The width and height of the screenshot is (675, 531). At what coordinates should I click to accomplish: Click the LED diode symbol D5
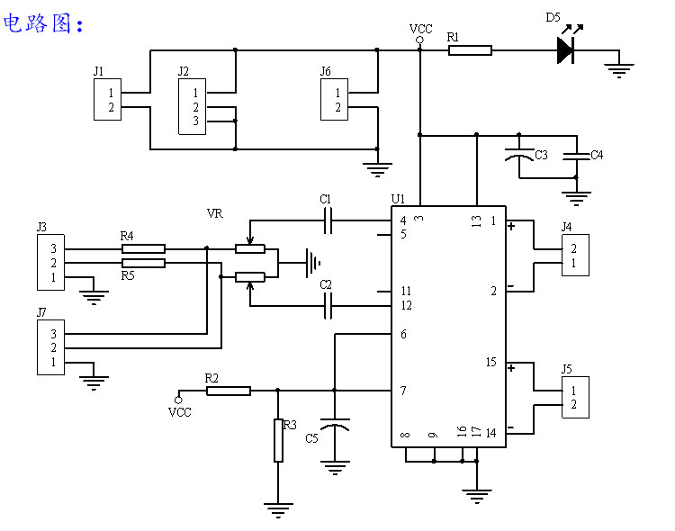coord(566,50)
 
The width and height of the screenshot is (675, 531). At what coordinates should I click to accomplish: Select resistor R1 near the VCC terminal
coord(470,50)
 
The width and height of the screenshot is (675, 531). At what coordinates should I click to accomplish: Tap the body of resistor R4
coord(143,248)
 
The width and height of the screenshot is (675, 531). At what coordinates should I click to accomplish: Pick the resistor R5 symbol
coord(143,263)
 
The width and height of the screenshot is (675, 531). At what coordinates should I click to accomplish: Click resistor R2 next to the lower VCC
coord(229,391)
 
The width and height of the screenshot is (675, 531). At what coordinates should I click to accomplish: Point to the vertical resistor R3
coord(278,440)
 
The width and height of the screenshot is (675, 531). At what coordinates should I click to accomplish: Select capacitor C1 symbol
coord(328,220)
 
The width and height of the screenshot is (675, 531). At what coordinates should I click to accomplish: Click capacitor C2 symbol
coord(328,306)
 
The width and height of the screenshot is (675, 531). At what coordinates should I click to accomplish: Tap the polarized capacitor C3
coord(519,154)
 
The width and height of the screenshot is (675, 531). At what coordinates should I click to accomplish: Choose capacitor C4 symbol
coord(576,156)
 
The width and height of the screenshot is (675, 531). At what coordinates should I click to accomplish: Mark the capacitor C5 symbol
coord(335,424)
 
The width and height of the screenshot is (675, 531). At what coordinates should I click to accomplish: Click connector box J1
coord(108,99)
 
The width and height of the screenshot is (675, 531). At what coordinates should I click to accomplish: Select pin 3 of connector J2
coord(196,121)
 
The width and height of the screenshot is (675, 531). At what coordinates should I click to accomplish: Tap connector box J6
coord(334,99)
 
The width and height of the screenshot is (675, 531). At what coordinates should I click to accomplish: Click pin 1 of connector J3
coord(53,277)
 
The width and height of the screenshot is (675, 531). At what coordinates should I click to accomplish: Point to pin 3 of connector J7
coord(53,334)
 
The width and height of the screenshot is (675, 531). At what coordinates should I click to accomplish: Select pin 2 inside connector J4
coord(573,248)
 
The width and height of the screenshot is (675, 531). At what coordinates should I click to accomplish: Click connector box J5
coord(575,397)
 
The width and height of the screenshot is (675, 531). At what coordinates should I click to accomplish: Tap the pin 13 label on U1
coord(476,221)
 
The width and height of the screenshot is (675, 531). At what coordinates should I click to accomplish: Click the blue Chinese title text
coord(43,23)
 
